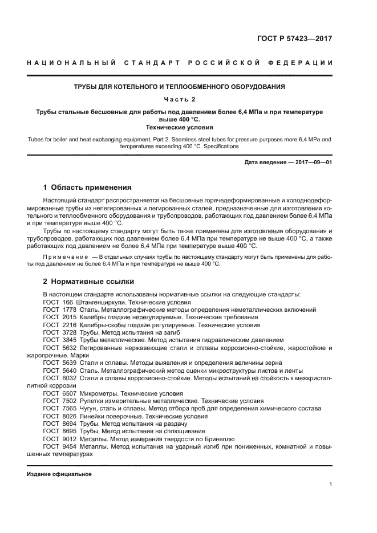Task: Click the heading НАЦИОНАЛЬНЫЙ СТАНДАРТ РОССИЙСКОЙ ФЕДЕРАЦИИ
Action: click(x=180, y=62)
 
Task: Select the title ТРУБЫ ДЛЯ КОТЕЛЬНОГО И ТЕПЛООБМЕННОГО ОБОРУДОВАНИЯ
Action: click(x=180, y=87)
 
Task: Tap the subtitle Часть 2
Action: click(x=180, y=99)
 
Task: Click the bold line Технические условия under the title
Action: click(x=180, y=128)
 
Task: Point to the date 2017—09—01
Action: click(x=313, y=162)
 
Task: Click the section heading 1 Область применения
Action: click(x=88, y=188)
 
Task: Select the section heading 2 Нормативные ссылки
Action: click(x=90, y=282)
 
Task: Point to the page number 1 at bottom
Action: click(x=330, y=485)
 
